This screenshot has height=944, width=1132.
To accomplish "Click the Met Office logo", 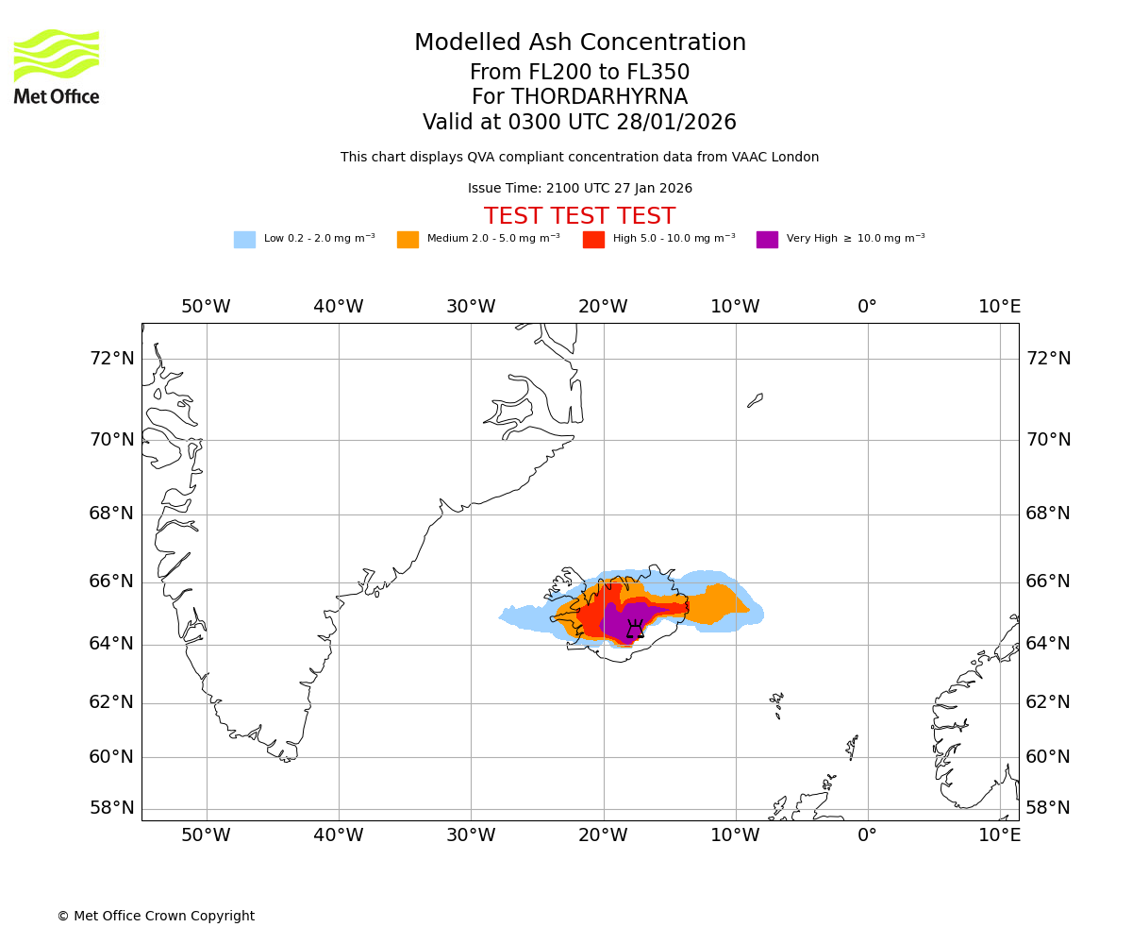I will click(x=57, y=66).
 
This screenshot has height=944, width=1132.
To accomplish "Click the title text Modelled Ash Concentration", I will click(x=579, y=43).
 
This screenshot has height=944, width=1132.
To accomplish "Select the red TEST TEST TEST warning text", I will click(x=579, y=216).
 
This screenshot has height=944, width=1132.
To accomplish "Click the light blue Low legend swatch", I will click(x=244, y=240).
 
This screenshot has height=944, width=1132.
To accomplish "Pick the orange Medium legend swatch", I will click(x=408, y=240).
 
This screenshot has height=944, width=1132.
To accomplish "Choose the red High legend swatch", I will click(x=593, y=240).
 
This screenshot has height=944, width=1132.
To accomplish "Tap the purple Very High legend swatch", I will click(x=767, y=240).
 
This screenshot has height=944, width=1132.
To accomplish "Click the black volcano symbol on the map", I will click(x=635, y=629).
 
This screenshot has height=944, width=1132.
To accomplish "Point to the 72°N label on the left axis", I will click(x=112, y=359).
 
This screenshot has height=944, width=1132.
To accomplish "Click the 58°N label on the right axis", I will click(x=1048, y=808).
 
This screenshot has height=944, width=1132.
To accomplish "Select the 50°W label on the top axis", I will click(x=206, y=307).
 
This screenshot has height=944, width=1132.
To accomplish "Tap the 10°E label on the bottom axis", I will click(x=999, y=835).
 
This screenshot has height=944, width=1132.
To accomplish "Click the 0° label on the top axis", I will click(x=867, y=307).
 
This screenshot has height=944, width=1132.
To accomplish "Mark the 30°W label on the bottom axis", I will click(x=471, y=835).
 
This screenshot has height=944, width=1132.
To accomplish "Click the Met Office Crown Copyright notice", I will click(x=156, y=917).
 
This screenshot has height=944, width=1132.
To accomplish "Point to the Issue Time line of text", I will click(x=579, y=189).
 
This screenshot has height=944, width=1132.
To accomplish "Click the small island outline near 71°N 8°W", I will click(x=756, y=400).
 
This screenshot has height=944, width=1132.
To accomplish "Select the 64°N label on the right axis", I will click(x=1048, y=644).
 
